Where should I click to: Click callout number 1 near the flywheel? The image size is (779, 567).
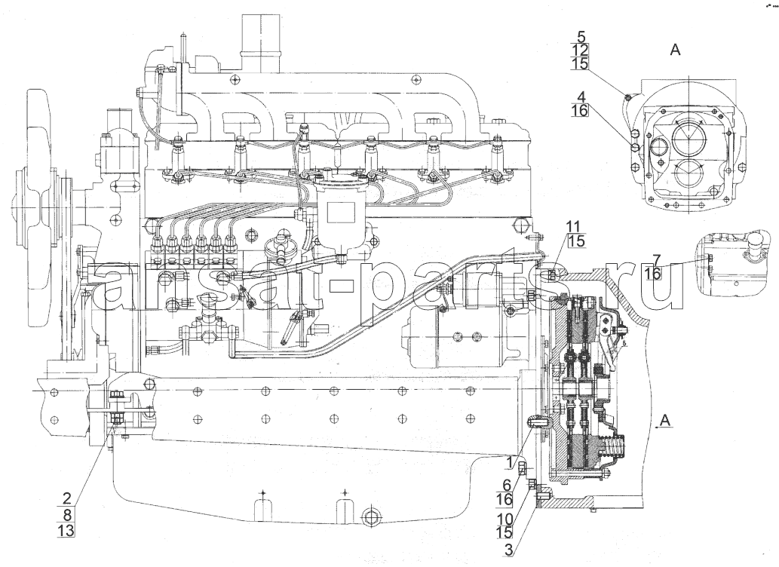click(509, 462)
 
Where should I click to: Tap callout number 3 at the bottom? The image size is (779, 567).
click(508, 550)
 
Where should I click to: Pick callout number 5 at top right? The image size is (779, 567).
click(581, 36)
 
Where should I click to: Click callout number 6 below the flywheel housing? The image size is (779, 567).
click(507, 484)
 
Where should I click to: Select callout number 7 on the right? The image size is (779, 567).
click(657, 259)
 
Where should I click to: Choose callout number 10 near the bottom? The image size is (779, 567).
click(505, 518)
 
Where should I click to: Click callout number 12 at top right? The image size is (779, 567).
click(580, 50)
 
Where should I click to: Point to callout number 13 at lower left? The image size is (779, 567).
click(66, 531)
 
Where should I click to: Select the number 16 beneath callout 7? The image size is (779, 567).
click(653, 273)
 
